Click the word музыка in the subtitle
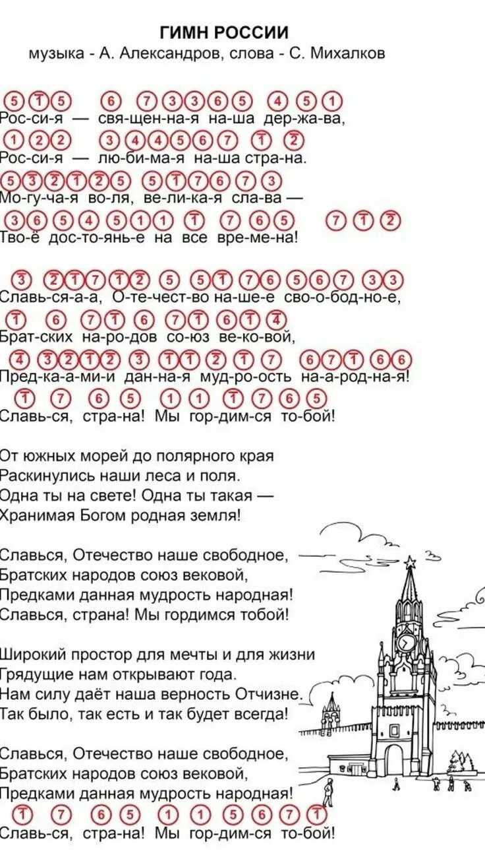click(57, 53)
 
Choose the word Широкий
click(34, 655)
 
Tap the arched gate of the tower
click(394, 759)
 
